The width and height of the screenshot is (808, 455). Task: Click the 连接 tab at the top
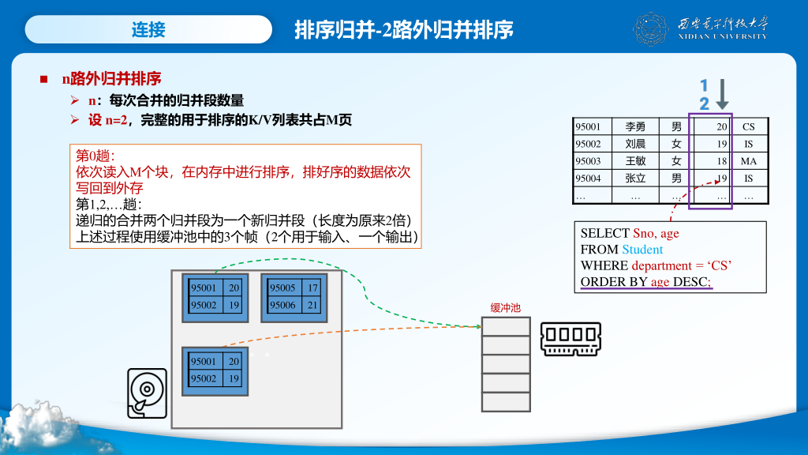[148, 30]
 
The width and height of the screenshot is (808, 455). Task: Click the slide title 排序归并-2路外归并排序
[403, 30]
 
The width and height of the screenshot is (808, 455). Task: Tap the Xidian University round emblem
[651, 29]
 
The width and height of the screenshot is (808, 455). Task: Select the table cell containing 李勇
[635, 126]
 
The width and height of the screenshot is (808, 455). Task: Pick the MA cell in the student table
[748, 161]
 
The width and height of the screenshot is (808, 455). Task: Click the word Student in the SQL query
[642, 250]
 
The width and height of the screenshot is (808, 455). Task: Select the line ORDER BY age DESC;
[645, 282]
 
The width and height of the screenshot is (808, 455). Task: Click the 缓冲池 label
[505, 308]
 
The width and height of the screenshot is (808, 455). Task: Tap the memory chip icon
[570, 337]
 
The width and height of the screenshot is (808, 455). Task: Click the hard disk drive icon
[147, 393]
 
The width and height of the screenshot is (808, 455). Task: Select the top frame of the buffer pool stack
[506, 327]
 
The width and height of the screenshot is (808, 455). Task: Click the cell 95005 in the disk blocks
[282, 288]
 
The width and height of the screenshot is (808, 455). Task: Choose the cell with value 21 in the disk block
[313, 305]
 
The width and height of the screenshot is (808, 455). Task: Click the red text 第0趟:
[95, 156]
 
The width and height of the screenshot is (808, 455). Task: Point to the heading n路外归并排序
[111, 78]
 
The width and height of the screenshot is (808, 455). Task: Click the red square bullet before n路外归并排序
[44, 79]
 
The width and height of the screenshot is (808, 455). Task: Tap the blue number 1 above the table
[704, 85]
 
